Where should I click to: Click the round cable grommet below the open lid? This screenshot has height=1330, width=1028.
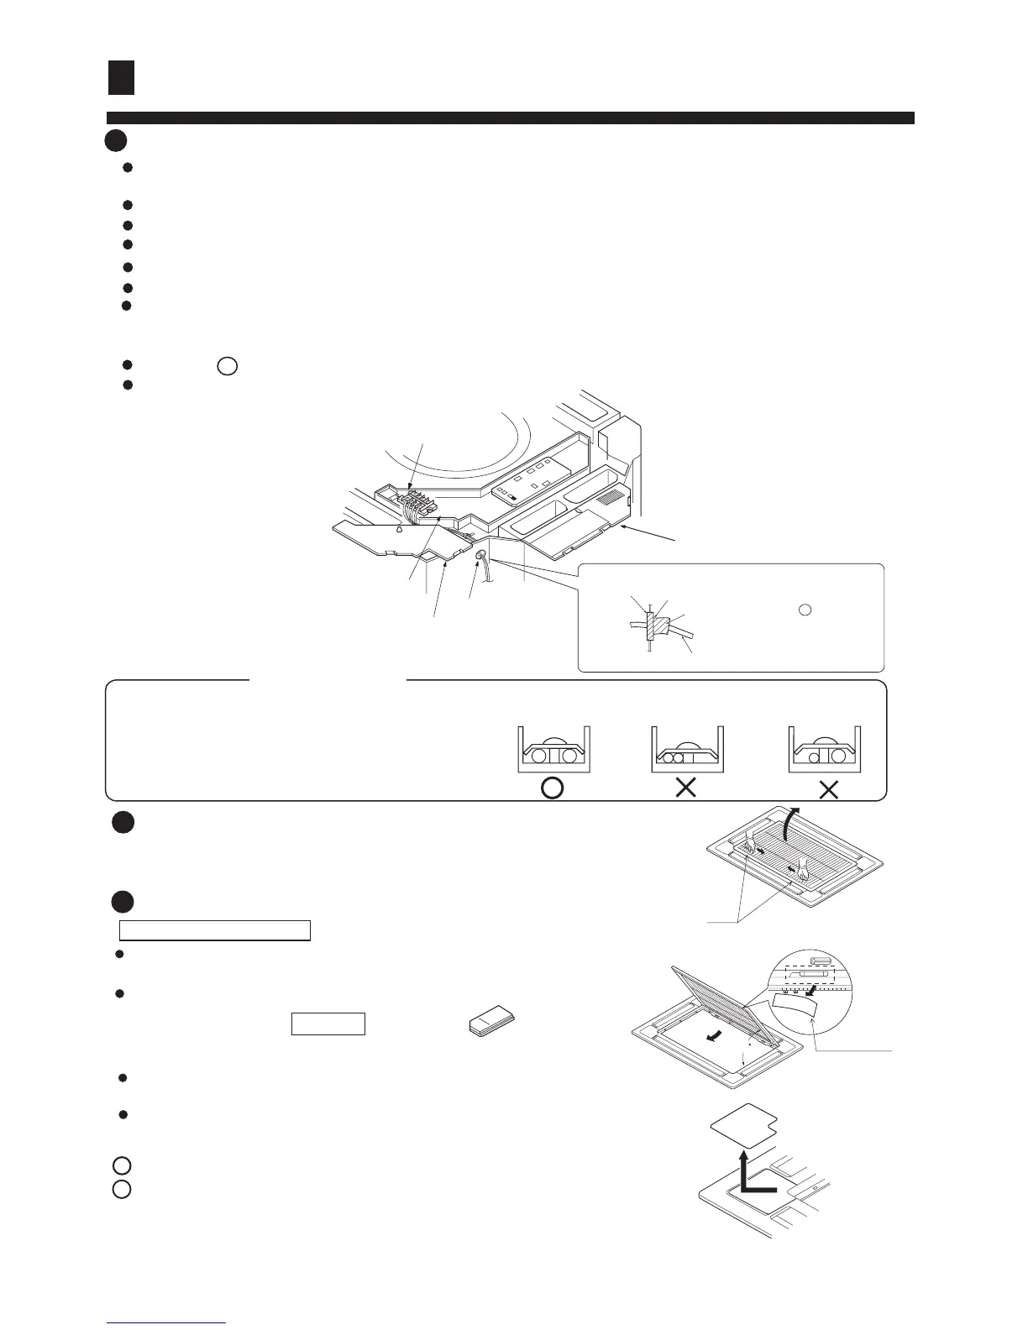[481, 556]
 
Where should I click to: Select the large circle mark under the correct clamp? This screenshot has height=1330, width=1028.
[552, 789]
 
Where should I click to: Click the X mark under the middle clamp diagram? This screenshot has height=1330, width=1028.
[686, 789]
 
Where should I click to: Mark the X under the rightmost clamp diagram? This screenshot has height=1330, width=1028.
[828, 789]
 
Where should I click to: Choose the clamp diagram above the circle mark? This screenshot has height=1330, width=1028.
[553, 749]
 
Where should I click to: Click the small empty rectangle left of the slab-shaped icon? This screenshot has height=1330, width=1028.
[328, 1024]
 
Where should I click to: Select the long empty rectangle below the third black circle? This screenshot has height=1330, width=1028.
[215, 929]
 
